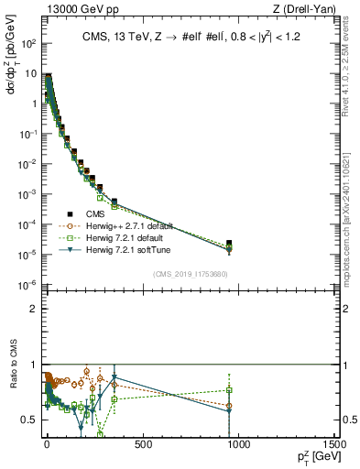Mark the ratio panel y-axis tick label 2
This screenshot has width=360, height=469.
click(x=34, y=309)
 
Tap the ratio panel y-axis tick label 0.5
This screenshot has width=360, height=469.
click(x=29, y=420)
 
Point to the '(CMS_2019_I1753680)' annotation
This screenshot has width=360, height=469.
click(x=191, y=274)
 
